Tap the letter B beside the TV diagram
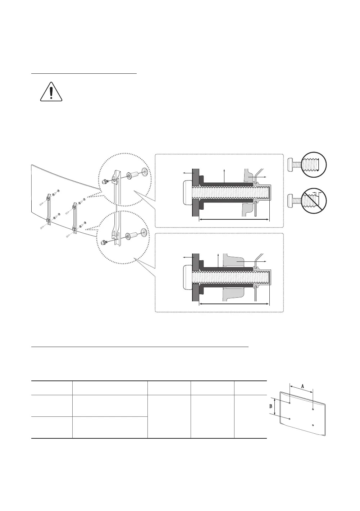click(271, 407)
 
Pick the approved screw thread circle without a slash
click(314, 165)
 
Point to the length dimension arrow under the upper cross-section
click(234, 219)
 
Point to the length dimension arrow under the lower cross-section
click(234, 304)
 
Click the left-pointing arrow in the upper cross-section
click(187, 173)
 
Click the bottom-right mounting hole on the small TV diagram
click(313, 425)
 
